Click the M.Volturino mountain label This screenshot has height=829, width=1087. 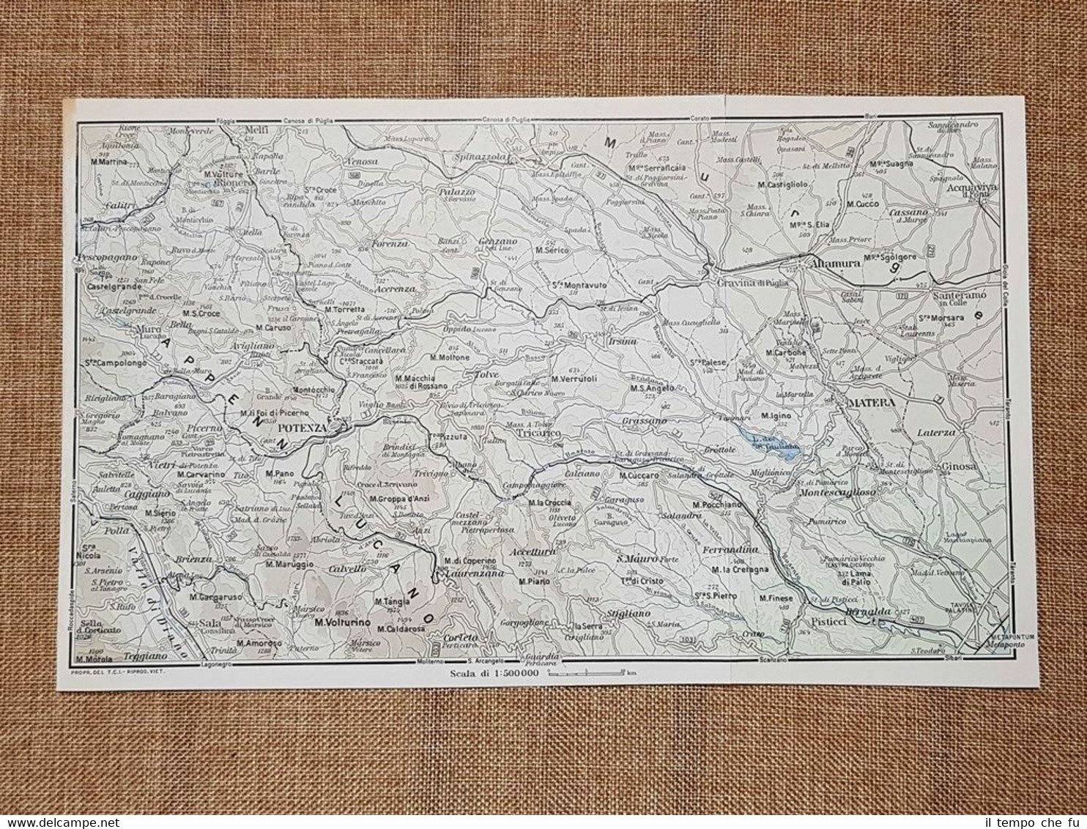[x=340, y=625]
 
